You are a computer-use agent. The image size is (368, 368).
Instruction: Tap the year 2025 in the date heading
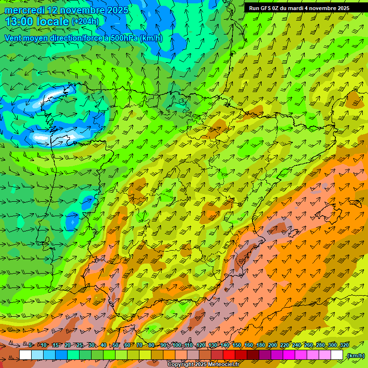tap(116, 10)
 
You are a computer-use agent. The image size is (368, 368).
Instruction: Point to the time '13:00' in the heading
tap(20, 22)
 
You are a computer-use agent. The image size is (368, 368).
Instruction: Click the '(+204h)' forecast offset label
tap(85, 22)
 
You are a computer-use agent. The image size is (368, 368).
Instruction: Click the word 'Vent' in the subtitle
tap(13, 38)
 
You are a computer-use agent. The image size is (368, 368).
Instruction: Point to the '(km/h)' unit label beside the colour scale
tap(356, 355)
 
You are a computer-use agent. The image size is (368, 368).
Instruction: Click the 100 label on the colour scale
tap(177, 345)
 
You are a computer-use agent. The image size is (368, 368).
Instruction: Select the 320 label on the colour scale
tap(345, 345)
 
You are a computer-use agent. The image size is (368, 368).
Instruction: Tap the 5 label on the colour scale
tap(31, 345)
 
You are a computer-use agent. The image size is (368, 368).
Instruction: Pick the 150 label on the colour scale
tap(237, 345)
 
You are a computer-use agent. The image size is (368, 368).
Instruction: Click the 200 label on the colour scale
tap(273, 345)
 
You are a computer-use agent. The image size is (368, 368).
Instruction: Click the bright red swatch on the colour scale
tap(229, 355)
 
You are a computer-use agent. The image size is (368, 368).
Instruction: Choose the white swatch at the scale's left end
tap(25, 355)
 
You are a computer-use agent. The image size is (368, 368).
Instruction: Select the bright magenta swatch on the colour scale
tap(289, 355)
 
